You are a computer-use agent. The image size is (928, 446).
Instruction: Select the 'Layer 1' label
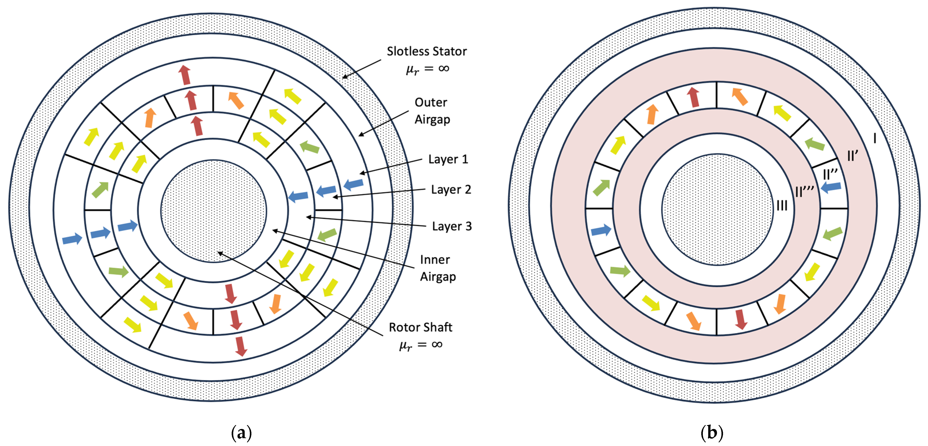[x=448, y=159]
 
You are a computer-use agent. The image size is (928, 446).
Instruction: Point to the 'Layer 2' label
[x=451, y=189]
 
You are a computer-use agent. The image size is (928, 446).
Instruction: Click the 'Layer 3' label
[x=452, y=226]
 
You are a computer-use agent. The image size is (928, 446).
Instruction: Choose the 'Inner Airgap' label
[x=437, y=268]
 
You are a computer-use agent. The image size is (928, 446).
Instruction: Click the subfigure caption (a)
[x=241, y=432]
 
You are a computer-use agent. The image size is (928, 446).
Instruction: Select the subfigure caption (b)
[x=712, y=432]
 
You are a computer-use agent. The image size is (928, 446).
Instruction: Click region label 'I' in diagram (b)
[x=875, y=138]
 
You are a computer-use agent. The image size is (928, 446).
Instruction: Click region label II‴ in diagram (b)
[x=804, y=192]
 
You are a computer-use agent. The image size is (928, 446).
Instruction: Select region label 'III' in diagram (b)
[x=782, y=206]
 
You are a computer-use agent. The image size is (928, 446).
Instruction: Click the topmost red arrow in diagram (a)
[x=185, y=75]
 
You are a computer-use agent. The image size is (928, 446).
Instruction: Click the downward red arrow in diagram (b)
[x=741, y=319]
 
